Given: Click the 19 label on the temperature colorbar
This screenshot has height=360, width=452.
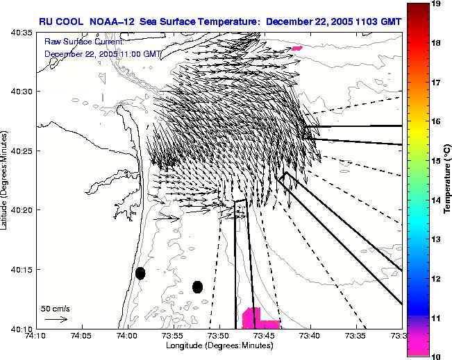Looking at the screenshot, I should pyautogui.click(x=437, y=4).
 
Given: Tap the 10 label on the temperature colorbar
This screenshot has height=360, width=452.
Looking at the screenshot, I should pyautogui.click(x=437, y=355).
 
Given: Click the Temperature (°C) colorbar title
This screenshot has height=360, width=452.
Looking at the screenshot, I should pyautogui.click(x=449, y=180).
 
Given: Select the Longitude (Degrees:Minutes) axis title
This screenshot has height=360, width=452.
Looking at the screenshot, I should pyautogui.click(x=220, y=345).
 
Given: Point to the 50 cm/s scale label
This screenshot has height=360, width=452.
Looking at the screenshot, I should pyautogui.click(x=53, y=308).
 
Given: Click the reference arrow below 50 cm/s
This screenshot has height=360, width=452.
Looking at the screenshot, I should pyautogui.click(x=56, y=319).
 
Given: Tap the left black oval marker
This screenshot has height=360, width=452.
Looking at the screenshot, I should pyautogui.click(x=140, y=273).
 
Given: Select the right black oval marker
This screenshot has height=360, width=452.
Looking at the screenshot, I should pyautogui.click(x=197, y=286).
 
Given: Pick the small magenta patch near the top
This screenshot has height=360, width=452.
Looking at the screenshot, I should pyautogui.click(x=297, y=48).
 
